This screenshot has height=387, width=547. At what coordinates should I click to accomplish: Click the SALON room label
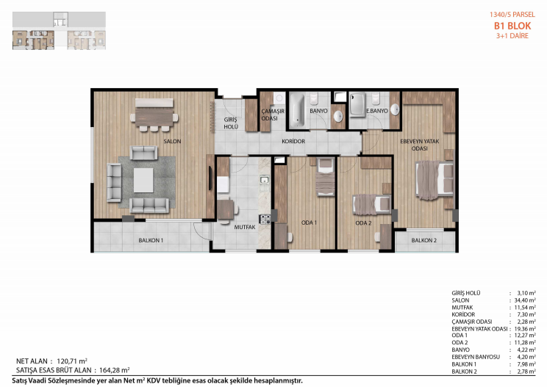(x=172, y=141)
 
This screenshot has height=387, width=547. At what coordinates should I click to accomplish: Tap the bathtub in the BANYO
(x=297, y=109)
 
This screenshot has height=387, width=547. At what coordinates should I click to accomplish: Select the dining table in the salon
(x=154, y=117)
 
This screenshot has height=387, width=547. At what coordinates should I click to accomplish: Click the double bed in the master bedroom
(x=435, y=180)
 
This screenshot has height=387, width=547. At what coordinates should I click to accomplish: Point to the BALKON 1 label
(x=151, y=240)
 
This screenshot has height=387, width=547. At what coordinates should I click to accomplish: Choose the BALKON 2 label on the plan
(x=424, y=240)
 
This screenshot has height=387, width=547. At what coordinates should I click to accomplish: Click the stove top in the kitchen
(x=265, y=219)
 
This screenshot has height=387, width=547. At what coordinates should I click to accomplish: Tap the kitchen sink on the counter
(x=264, y=180)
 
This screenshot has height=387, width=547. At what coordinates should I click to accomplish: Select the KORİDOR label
(x=293, y=141)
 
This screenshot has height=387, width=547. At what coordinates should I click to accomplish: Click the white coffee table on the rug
(x=143, y=180)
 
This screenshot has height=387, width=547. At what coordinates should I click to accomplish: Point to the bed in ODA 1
(x=325, y=177)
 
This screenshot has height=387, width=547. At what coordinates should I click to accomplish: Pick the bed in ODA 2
(x=372, y=204)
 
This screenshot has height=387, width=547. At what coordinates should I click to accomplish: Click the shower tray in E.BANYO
(x=357, y=104)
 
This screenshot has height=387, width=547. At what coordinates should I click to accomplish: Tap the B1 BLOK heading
(x=512, y=26)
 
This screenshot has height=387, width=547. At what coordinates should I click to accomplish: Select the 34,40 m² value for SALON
(x=525, y=300)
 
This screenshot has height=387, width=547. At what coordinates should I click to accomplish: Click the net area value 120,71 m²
(x=72, y=361)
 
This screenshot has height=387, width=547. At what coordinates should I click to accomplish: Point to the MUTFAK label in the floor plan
(x=245, y=227)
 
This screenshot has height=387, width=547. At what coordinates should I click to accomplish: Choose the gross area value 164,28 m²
(x=115, y=370)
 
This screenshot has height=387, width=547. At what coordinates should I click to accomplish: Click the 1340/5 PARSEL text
(x=512, y=15)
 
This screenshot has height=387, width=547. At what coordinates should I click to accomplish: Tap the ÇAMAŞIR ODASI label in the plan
(x=273, y=115)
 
